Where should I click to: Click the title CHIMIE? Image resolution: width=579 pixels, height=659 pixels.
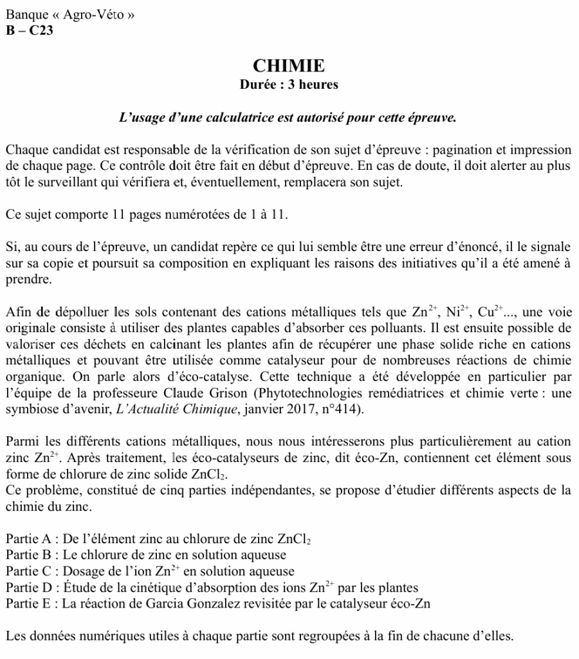click(289, 66)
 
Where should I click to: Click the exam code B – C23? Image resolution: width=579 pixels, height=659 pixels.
click(29, 30)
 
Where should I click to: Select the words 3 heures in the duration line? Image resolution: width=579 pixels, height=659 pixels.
click(310, 84)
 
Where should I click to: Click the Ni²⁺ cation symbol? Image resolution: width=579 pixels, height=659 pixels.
click(463, 313)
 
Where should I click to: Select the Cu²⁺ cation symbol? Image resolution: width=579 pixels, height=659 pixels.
click(501, 313)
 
